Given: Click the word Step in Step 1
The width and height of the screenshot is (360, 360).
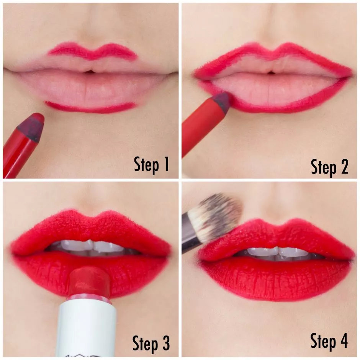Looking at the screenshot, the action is [146, 164].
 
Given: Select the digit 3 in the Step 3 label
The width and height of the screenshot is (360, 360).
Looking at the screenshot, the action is [165, 344].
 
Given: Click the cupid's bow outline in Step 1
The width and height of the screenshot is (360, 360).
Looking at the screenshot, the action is [92, 52].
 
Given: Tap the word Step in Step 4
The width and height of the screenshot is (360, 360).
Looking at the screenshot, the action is [322, 341].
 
